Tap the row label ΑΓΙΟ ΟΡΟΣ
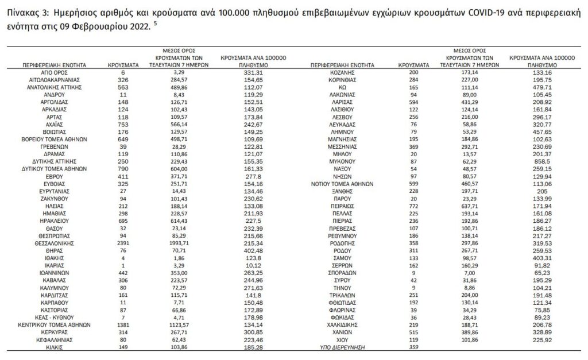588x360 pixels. [x=55, y=73]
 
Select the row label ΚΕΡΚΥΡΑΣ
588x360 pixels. [x=55, y=332]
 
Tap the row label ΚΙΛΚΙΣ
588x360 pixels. [x=55, y=347]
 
